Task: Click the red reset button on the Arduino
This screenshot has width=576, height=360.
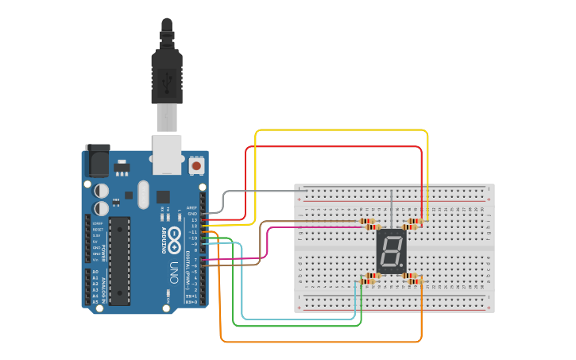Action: pyautogui.click(x=195, y=166)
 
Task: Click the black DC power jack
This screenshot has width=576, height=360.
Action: pyautogui.click(x=97, y=161)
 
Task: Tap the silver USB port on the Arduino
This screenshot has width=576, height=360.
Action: pyautogui.click(x=168, y=154)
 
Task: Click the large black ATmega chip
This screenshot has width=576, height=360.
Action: pyautogui.click(x=119, y=260)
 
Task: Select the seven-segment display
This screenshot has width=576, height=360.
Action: pyautogui.click(x=390, y=250)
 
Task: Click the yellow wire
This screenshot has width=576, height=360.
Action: pyautogui.click(x=342, y=130)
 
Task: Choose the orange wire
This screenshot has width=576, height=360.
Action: pyautogui.click(x=318, y=342)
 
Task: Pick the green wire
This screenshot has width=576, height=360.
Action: pyautogui.click(x=294, y=326)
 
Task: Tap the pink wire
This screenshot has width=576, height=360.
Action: pyautogui.click(x=318, y=228)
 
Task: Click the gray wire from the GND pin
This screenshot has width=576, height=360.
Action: pyautogui.click(x=262, y=191)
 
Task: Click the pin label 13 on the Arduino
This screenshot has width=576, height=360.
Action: pyautogui.click(x=192, y=219)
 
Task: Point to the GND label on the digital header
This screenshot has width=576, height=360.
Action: pyautogui.click(x=191, y=213)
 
